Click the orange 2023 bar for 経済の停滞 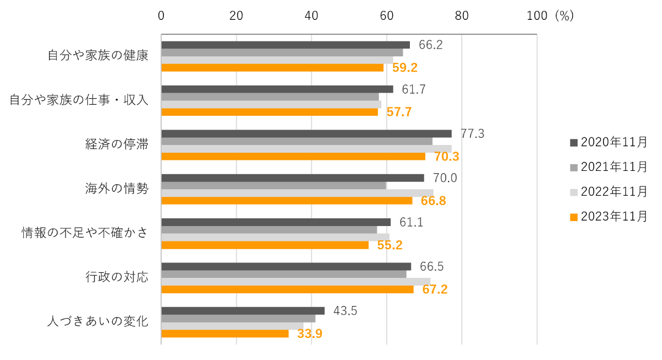click(x=293, y=157)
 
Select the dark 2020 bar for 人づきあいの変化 click(x=243, y=311)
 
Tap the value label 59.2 click(x=405, y=68)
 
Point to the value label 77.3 click(x=472, y=133)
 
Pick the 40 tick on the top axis click(x=311, y=16)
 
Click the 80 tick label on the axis click(x=462, y=16)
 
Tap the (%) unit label click(x=564, y=16)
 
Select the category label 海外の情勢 click(x=116, y=189)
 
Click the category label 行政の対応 click(x=116, y=277)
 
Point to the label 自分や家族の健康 click(x=98, y=56)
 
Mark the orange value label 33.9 click(x=309, y=334)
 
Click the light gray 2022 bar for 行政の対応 click(x=296, y=282)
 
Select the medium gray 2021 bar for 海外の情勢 click(x=274, y=186)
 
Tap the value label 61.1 click(x=411, y=222)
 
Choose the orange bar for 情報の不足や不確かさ click(x=265, y=245)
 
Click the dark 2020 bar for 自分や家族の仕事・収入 click(x=277, y=89)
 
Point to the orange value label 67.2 click(x=435, y=289)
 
